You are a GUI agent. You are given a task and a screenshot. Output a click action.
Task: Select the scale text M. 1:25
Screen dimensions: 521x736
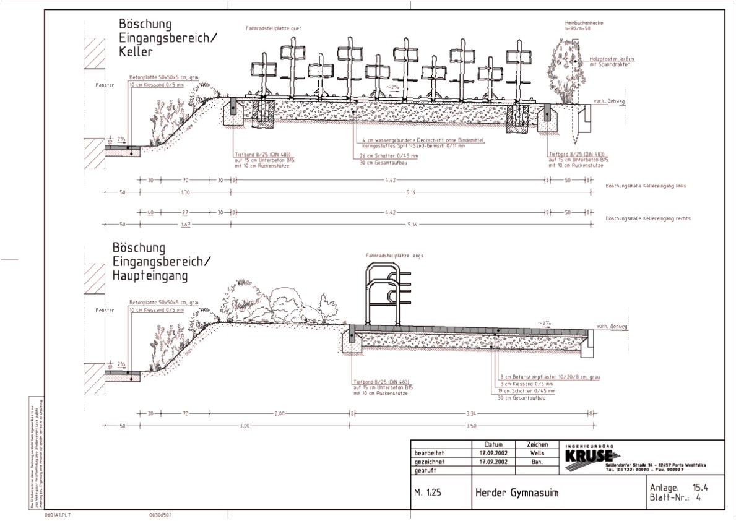tap(430, 493)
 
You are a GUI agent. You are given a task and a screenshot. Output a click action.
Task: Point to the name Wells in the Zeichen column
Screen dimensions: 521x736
tap(537, 452)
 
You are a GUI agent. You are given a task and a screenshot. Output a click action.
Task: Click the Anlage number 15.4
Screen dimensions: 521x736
tap(701, 488)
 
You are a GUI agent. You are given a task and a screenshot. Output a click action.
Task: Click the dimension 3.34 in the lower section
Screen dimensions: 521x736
tap(472, 413)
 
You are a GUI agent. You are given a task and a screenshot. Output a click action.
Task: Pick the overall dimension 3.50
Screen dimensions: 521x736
tap(472, 426)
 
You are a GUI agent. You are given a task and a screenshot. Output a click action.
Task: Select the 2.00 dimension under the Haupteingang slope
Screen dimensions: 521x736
tap(279, 413)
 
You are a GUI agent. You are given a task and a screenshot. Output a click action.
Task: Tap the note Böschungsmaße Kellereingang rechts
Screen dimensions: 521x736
tap(647, 219)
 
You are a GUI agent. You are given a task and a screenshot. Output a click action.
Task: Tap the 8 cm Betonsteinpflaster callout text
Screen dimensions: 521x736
tap(550, 376)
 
